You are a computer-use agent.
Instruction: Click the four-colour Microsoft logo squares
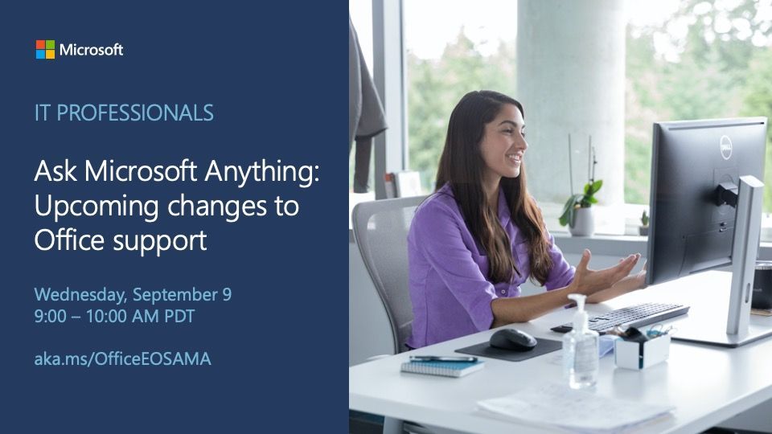coord(45,50)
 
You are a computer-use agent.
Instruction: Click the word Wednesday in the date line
coord(80,295)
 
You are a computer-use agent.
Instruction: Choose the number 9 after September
coord(226,295)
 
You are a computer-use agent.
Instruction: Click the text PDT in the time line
coord(179,317)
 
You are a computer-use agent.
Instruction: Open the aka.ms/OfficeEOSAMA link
coord(122,358)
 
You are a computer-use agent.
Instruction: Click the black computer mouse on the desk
coord(512,338)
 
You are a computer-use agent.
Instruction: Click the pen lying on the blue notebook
coord(442,358)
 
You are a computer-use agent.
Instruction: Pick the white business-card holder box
coord(642,350)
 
